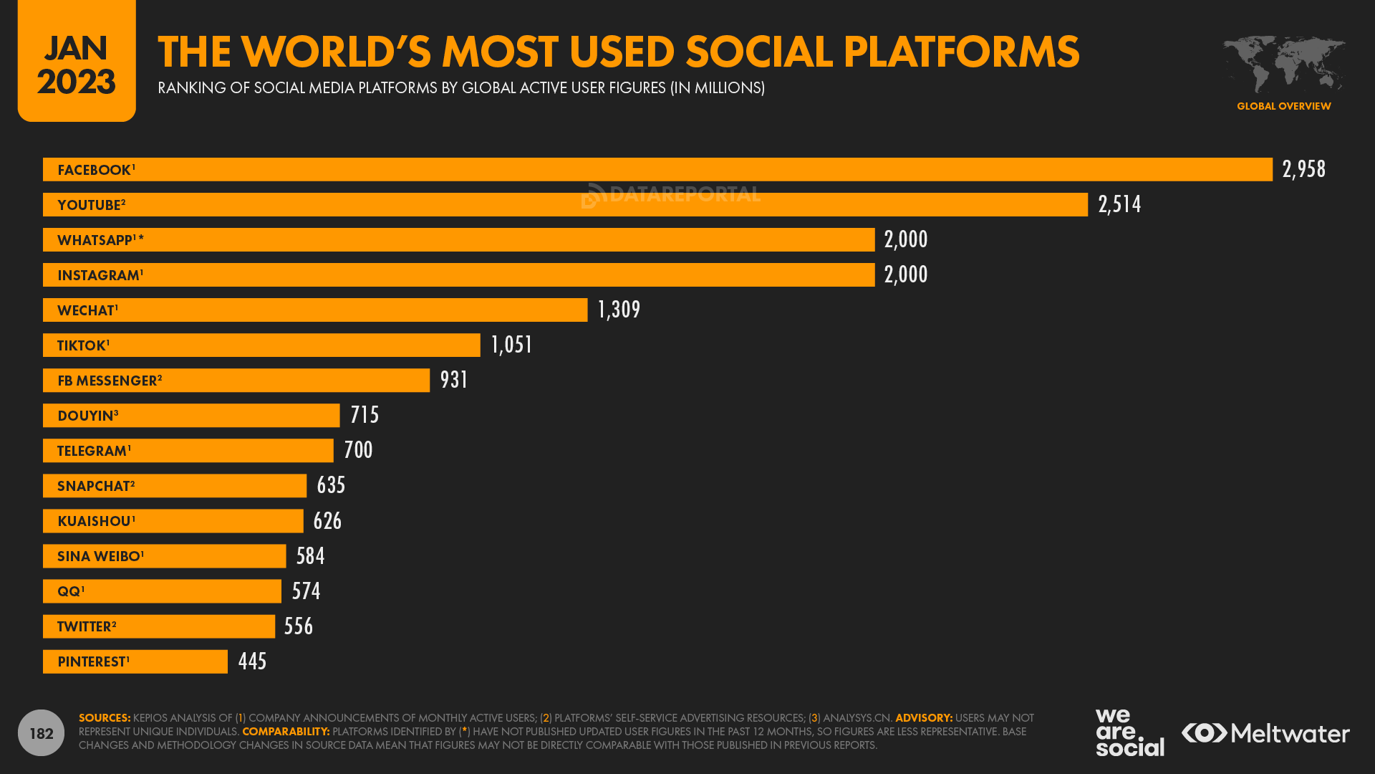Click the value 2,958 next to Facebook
(1303, 169)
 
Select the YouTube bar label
(91, 205)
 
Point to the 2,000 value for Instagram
(905, 274)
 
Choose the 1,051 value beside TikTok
(511, 345)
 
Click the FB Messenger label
(110, 381)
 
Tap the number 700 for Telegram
(358, 450)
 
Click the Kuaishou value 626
(327, 521)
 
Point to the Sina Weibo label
(100, 556)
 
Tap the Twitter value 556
(298, 626)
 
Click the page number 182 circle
(41, 732)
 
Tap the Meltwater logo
(1265, 733)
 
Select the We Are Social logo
(1129, 732)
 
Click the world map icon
(1283, 64)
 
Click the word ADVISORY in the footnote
(923, 718)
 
